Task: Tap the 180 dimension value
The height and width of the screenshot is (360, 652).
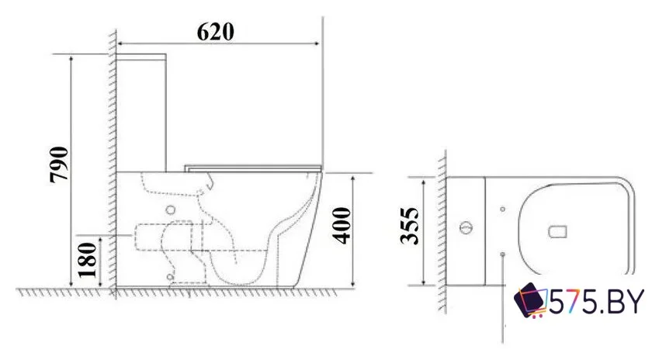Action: point(88,259)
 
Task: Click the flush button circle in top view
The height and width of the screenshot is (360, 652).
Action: point(466,229)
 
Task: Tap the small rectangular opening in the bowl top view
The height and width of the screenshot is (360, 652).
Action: point(559,230)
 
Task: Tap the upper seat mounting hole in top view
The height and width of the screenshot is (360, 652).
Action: point(504,207)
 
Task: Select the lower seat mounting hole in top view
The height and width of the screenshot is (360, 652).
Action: point(504,253)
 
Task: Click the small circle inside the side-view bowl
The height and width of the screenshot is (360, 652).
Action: point(170,210)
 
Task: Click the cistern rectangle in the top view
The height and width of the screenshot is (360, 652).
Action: point(466,230)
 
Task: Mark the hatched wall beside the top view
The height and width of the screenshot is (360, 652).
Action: point(441,233)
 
